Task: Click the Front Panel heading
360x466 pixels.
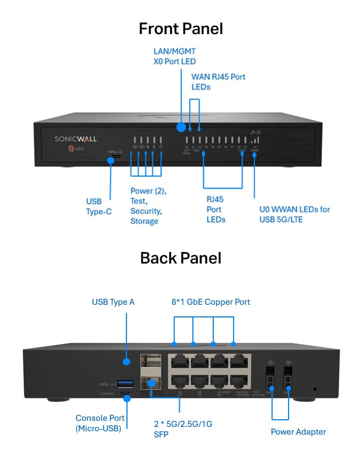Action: tap(181, 29)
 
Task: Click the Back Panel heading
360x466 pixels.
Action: tap(181, 257)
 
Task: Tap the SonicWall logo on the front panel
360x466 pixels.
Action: tap(76, 140)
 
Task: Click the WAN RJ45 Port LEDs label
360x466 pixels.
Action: tap(218, 81)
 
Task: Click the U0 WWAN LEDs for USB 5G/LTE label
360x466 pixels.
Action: tap(295, 214)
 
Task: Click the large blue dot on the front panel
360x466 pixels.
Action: tap(181, 128)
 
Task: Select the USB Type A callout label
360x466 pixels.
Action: tap(113, 301)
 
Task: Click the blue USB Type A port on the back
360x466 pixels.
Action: tap(126, 383)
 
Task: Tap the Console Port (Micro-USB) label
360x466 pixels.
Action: tap(100, 423)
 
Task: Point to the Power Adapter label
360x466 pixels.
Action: tap(298, 431)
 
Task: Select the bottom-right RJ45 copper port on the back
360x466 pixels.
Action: tap(239, 382)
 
